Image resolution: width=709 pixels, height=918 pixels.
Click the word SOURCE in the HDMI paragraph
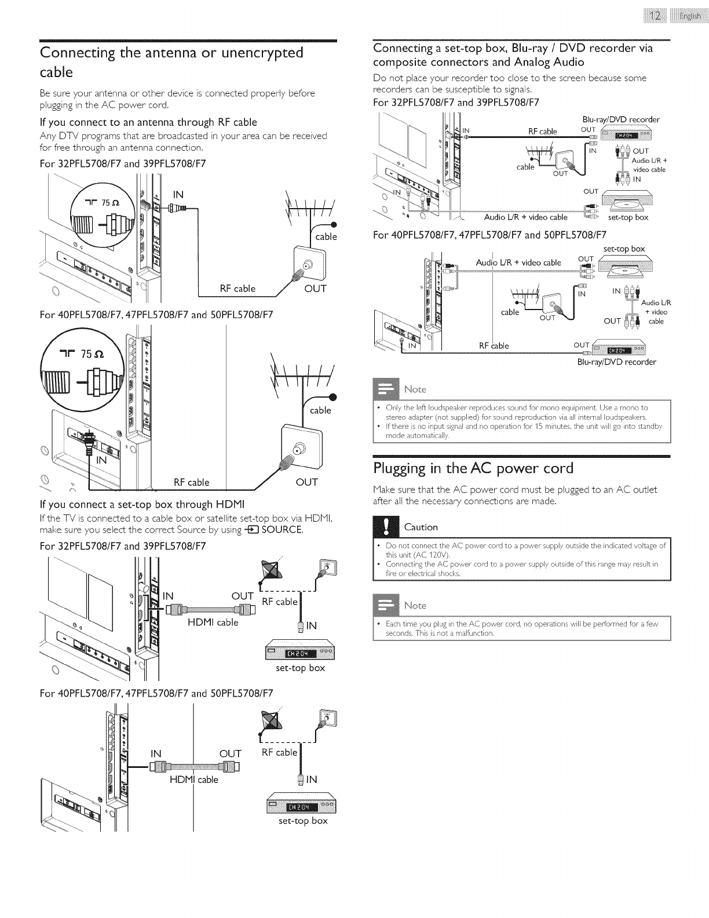(282, 530)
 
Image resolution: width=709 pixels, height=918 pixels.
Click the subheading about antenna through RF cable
(148, 122)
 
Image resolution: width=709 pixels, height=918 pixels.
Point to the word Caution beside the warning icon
(421, 527)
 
